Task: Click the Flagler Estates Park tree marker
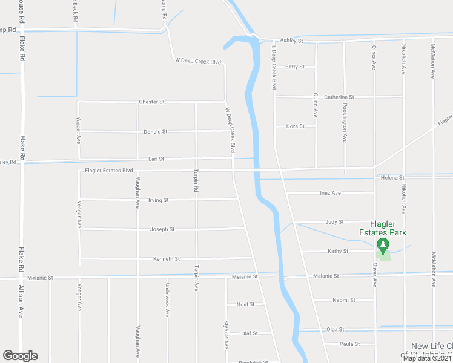[382, 245]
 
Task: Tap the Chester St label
[151, 102]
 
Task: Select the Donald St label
[155, 132]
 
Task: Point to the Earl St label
[156, 159]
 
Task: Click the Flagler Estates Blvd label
[108, 171]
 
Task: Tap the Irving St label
[157, 200]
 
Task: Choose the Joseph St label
[162, 230]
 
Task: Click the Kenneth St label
[167, 259]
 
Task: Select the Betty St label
[294, 67]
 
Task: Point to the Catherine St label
[339, 97]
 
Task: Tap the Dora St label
[294, 126]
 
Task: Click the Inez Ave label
[330, 193]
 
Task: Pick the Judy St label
[334, 222]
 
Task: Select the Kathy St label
[338, 251]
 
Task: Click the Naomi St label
[344, 300]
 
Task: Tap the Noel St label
[245, 304]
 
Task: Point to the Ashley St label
[291, 41]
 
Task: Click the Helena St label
[392, 178]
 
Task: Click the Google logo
[20, 356]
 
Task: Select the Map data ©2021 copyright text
[427, 358]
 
